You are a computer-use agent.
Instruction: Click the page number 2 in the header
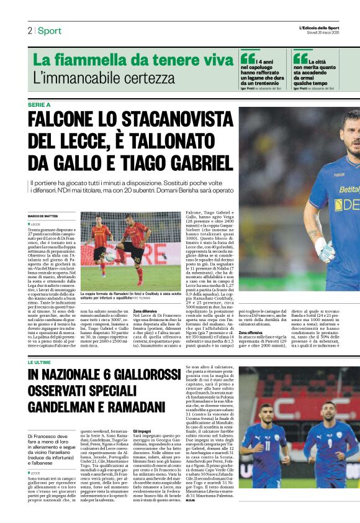[29, 31]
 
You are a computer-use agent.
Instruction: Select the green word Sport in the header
[49, 31]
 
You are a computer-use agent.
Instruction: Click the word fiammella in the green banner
[101, 60]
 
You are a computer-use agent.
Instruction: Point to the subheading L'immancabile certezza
[104, 78]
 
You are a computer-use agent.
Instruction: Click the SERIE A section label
[39, 105]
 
